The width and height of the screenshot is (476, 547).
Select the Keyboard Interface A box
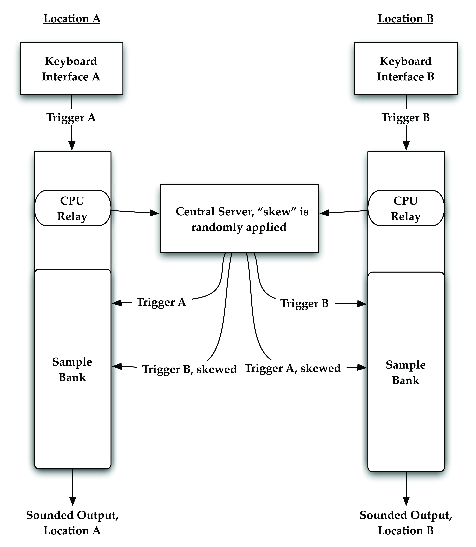pos(71,68)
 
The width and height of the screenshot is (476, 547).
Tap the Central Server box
pos(239,218)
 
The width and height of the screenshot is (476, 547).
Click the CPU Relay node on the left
pos(72,208)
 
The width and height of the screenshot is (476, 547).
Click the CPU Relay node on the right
pos(406,208)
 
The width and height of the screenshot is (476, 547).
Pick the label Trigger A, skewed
pos(293,368)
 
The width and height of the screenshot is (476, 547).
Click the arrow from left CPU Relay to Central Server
pos(135,212)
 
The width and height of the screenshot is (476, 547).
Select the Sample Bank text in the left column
pos(72,369)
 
